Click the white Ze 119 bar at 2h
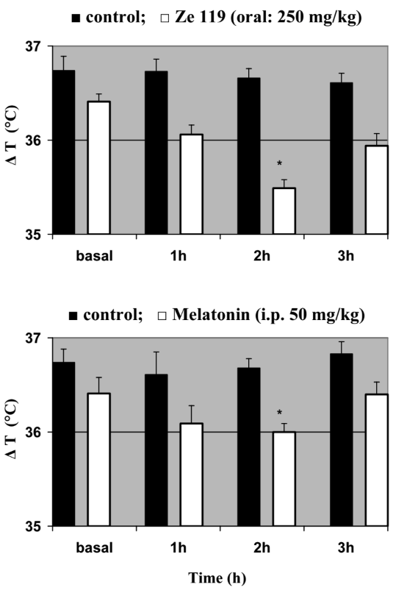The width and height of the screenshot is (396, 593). pyautogui.click(x=284, y=211)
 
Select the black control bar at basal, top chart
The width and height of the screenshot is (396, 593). pyautogui.click(x=63, y=152)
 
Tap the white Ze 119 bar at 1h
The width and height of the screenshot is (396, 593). pyautogui.click(x=192, y=184)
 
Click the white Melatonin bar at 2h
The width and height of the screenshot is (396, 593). pyautogui.click(x=284, y=479)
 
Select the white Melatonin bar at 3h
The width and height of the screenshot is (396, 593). pyautogui.click(x=377, y=460)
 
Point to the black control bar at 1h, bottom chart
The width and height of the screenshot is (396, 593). pyautogui.click(x=156, y=450)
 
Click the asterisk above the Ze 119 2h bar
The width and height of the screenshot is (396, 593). pyautogui.click(x=279, y=163)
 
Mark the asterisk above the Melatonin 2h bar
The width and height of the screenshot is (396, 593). pyautogui.click(x=279, y=412)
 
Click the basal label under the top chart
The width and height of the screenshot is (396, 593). pyautogui.click(x=94, y=255)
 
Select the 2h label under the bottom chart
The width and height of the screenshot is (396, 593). pyautogui.click(x=262, y=547)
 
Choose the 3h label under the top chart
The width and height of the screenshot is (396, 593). pyautogui.click(x=346, y=255)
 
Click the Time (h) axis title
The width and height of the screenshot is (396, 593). pyautogui.click(x=217, y=578)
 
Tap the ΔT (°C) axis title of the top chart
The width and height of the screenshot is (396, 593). pyautogui.click(x=12, y=135)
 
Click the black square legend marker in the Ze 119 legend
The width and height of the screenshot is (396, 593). pyautogui.click(x=76, y=18)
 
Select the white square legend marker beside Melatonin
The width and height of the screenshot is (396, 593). pyautogui.click(x=162, y=316)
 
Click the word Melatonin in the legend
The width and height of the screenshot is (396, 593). pyautogui.click(x=211, y=314)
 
